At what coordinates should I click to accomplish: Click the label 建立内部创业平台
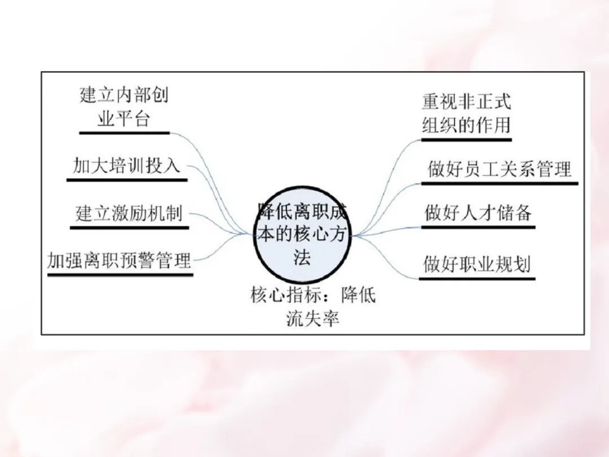tap(124, 107)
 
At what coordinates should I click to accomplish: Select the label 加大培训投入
tap(127, 165)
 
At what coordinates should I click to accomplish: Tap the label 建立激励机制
tap(129, 214)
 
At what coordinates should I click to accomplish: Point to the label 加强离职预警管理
tap(120, 261)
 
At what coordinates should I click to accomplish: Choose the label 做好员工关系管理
tap(499, 169)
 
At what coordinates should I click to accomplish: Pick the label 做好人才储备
tap(478, 213)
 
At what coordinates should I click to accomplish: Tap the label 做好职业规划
tap(477, 263)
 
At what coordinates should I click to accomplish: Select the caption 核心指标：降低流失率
tap(313, 306)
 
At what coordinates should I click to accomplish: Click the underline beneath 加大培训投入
tap(127, 180)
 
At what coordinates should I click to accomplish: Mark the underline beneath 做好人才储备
tap(478, 227)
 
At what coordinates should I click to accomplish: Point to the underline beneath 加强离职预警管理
tap(120, 275)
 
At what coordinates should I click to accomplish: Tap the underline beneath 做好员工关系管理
tap(500, 183)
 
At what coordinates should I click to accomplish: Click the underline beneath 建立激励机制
tap(129, 228)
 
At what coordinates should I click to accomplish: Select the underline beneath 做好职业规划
tap(478, 278)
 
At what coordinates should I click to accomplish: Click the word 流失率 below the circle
tap(313, 319)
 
